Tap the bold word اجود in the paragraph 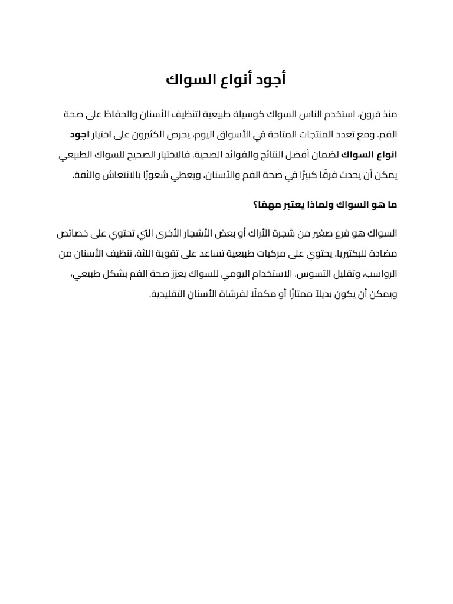pos(79,134)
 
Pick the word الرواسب pos(382,275)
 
